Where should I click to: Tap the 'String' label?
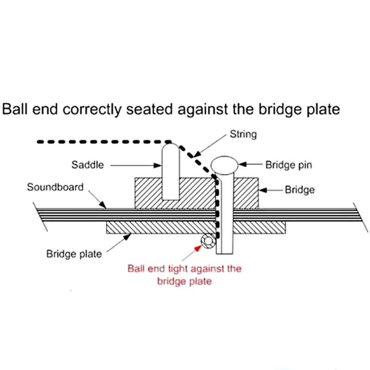tap(243, 135)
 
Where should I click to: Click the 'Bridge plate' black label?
tap(74, 253)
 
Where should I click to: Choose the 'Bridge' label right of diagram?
tap(300, 190)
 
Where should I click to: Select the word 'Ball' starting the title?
tap(15, 110)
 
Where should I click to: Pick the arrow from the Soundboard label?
tap(98, 200)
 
